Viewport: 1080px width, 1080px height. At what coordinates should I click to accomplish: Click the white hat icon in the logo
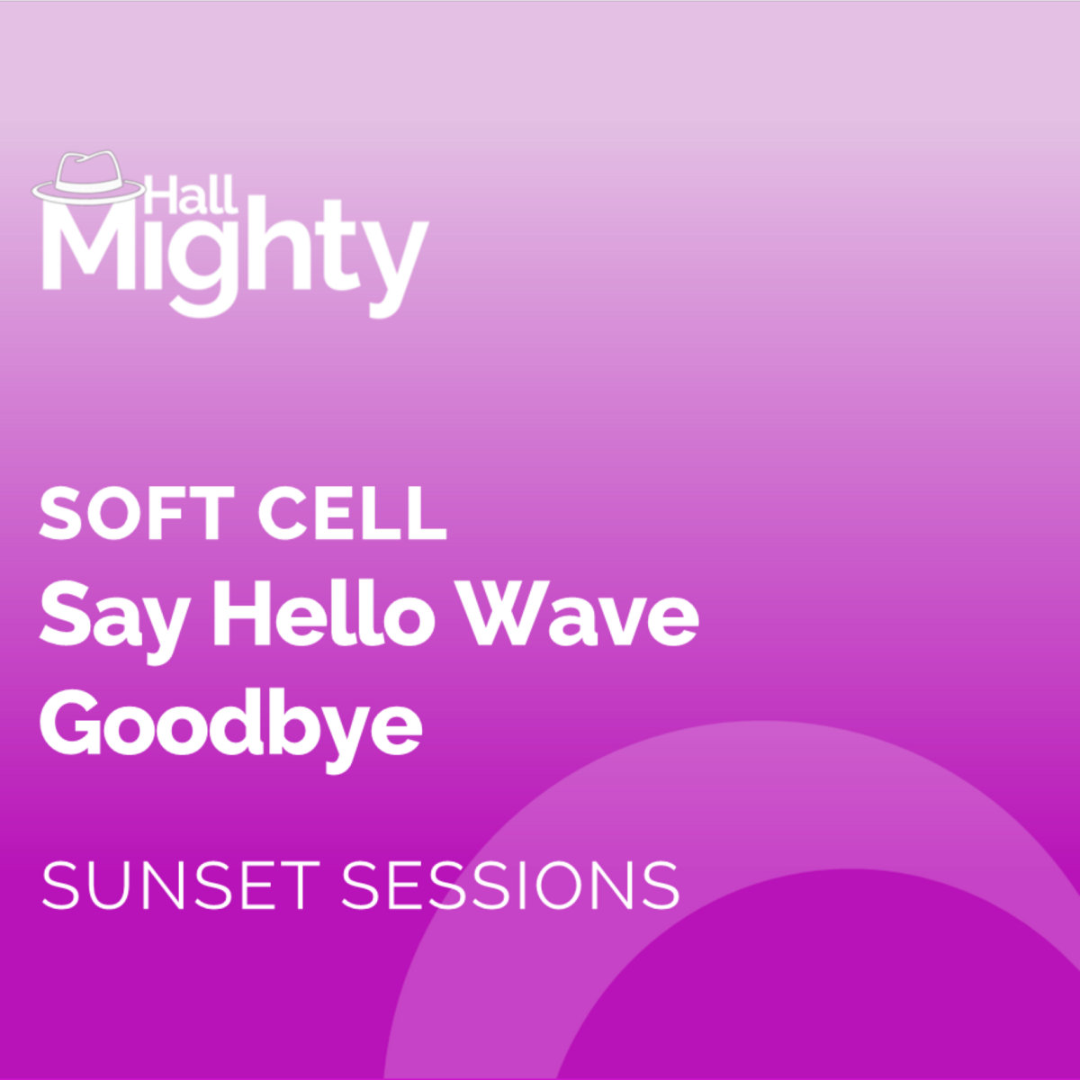pos(88,177)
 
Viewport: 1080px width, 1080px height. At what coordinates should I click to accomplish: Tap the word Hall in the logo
pos(191,193)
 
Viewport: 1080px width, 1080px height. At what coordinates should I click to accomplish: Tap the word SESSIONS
pos(510,886)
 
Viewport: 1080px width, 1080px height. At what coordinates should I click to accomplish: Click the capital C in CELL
pos(283,514)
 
